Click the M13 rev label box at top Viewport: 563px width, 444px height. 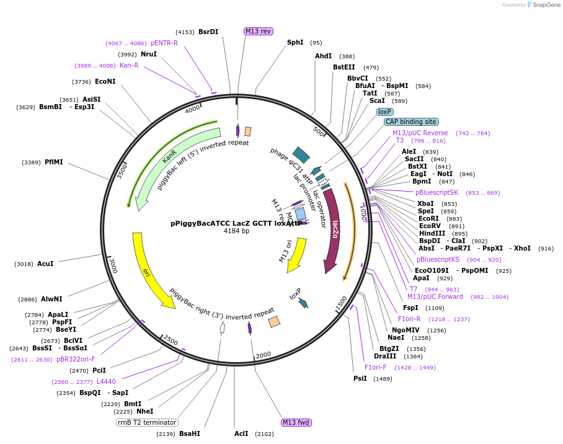(258, 31)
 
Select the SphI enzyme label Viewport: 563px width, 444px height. (295, 43)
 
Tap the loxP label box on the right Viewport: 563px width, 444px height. (384, 112)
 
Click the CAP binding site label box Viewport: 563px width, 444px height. (411, 122)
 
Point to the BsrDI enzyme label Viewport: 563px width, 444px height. (208, 32)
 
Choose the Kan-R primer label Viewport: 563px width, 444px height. (129, 65)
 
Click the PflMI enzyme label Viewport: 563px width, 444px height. (54, 162)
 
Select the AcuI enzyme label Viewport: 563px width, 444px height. (45, 264)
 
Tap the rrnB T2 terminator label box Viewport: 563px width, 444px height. (147, 422)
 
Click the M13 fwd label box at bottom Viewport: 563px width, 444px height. (296, 422)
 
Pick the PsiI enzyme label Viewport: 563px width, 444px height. (360, 378)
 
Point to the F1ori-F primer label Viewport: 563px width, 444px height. (376, 367)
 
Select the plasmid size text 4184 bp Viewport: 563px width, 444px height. (236, 231)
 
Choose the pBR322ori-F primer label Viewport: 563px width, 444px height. (76, 359)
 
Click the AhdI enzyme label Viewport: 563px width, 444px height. (324, 56)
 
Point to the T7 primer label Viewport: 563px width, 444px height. (414, 289)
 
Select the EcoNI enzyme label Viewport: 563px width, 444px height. (105, 81)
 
